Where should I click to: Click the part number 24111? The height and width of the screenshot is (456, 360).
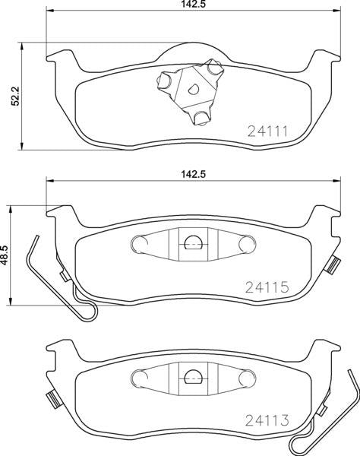[267, 131]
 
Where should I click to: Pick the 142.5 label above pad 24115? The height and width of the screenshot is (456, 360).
[180, 174]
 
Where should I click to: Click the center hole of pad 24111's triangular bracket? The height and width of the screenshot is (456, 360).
[193, 87]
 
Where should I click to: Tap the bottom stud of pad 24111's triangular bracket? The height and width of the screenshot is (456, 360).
[201, 117]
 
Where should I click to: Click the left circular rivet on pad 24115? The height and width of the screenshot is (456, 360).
[138, 243]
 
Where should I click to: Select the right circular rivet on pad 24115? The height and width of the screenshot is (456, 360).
[248, 243]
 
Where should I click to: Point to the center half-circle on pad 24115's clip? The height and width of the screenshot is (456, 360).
[193, 244]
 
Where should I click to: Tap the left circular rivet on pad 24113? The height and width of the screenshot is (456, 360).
[138, 377]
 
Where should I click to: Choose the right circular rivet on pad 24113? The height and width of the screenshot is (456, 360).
[248, 377]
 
